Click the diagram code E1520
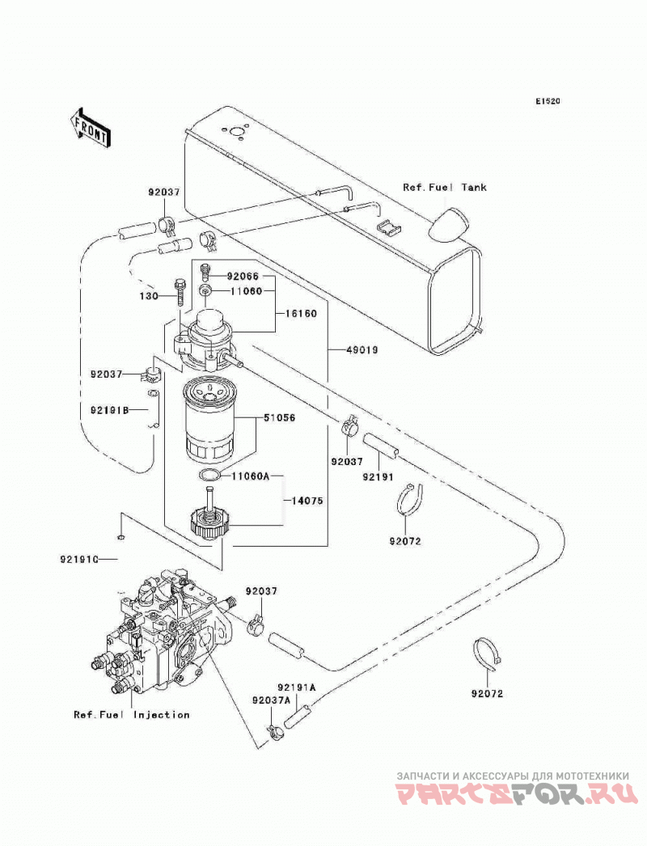[548, 101]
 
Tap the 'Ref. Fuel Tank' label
[445, 187]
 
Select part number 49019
[362, 350]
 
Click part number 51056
[280, 417]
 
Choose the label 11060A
[251, 476]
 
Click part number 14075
[307, 501]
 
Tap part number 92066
[243, 277]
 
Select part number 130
[148, 296]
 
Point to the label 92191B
[110, 410]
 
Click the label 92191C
[79, 560]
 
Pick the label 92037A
[272, 700]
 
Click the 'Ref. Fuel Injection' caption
[132, 715]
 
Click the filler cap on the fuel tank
[447, 223]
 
